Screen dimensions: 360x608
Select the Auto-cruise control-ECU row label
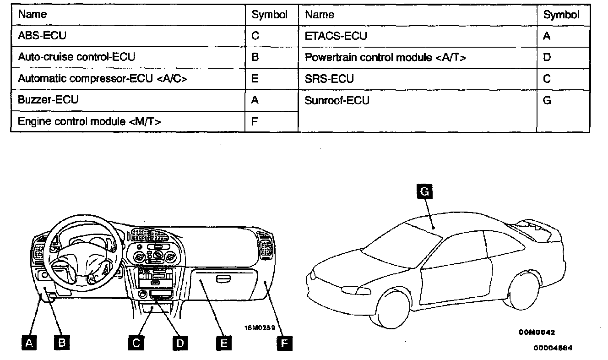click(76, 57)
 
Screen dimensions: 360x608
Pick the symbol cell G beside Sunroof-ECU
click(547, 100)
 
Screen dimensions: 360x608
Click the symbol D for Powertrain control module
click(547, 57)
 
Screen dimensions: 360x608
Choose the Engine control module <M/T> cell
click(89, 121)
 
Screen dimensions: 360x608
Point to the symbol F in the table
click(255, 121)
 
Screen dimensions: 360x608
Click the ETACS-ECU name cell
click(336, 36)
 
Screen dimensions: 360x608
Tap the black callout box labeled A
click(30, 343)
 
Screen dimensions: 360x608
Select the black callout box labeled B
click(62, 343)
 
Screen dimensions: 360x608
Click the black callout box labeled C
click(136, 343)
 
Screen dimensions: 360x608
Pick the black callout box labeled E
click(223, 343)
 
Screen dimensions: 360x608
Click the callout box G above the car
click(424, 192)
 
